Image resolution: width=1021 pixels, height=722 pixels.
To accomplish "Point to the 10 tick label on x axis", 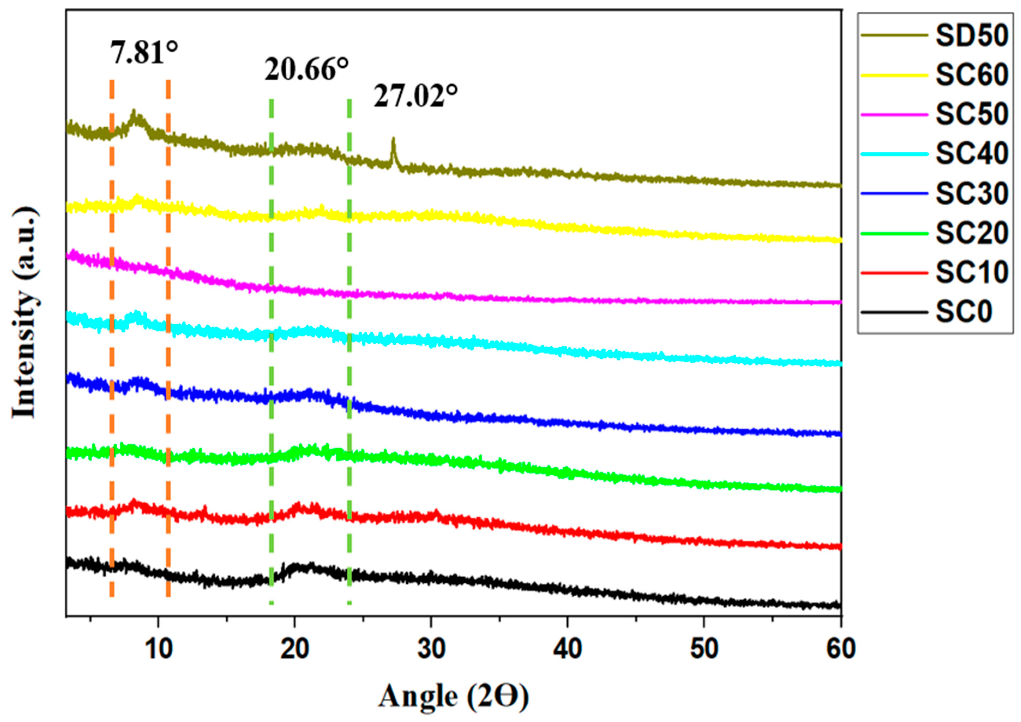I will (x=158, y=650).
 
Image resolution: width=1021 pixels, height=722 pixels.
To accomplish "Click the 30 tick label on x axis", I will (x=432, y=650).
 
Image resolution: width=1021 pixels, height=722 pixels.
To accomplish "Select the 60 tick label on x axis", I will (x=841, y=650).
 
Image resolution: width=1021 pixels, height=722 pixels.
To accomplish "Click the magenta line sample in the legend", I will (x=894, y=115).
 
